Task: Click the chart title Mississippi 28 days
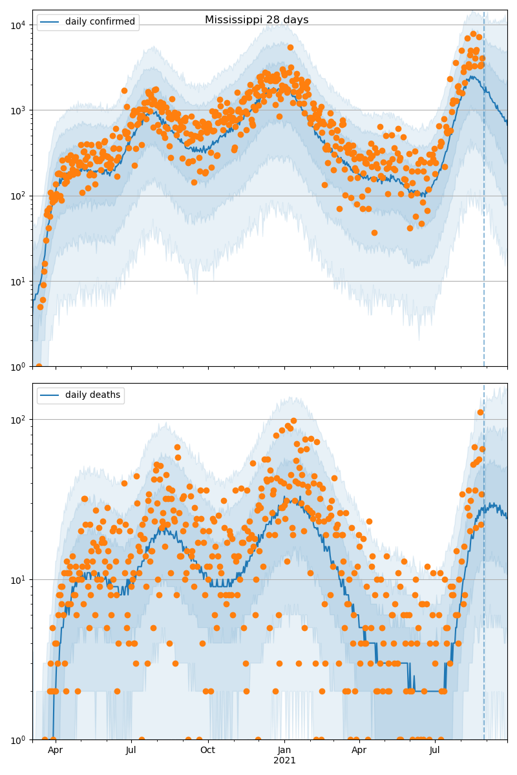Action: pos(257,20)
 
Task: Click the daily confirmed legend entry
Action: pos(100,22)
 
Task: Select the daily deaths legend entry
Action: pos(92,395)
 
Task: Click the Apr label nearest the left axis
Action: pos(56,750)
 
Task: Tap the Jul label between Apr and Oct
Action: pos(131,750)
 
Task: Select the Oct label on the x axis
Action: pos(207,750)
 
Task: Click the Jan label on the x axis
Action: pos(284,750)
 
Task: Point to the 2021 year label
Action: pos(284,761)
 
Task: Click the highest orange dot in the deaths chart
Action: pos(480,412)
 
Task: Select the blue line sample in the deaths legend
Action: pos(50,395)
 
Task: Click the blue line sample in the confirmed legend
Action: pos(50,22)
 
